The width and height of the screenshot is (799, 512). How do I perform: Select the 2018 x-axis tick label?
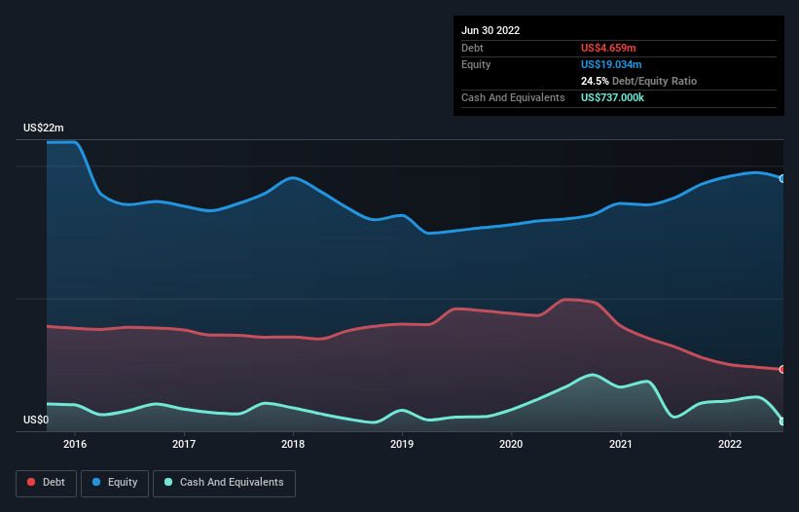click(293, 445)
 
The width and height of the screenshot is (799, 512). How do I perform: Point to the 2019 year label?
click(402, 445)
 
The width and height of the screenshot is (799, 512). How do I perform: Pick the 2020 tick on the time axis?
click(511, 445)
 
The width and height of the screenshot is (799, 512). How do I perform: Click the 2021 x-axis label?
click(620, 445)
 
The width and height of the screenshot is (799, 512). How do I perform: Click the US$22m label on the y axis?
click(44, 128)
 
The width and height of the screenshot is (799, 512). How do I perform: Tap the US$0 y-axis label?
click(36, 421)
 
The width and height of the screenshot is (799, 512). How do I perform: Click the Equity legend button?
click(115, 483)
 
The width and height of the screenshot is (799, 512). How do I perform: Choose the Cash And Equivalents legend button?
click(224, 483)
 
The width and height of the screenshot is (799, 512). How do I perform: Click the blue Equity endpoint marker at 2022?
click(782, 179)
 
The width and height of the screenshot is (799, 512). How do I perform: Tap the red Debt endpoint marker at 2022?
click(782, 370)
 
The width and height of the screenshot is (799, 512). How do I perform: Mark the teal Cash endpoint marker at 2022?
click(782, 421)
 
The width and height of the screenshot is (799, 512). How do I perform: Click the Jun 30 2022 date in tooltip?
click(490, 30)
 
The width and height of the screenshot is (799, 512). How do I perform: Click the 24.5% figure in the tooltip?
click(596, 81)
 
